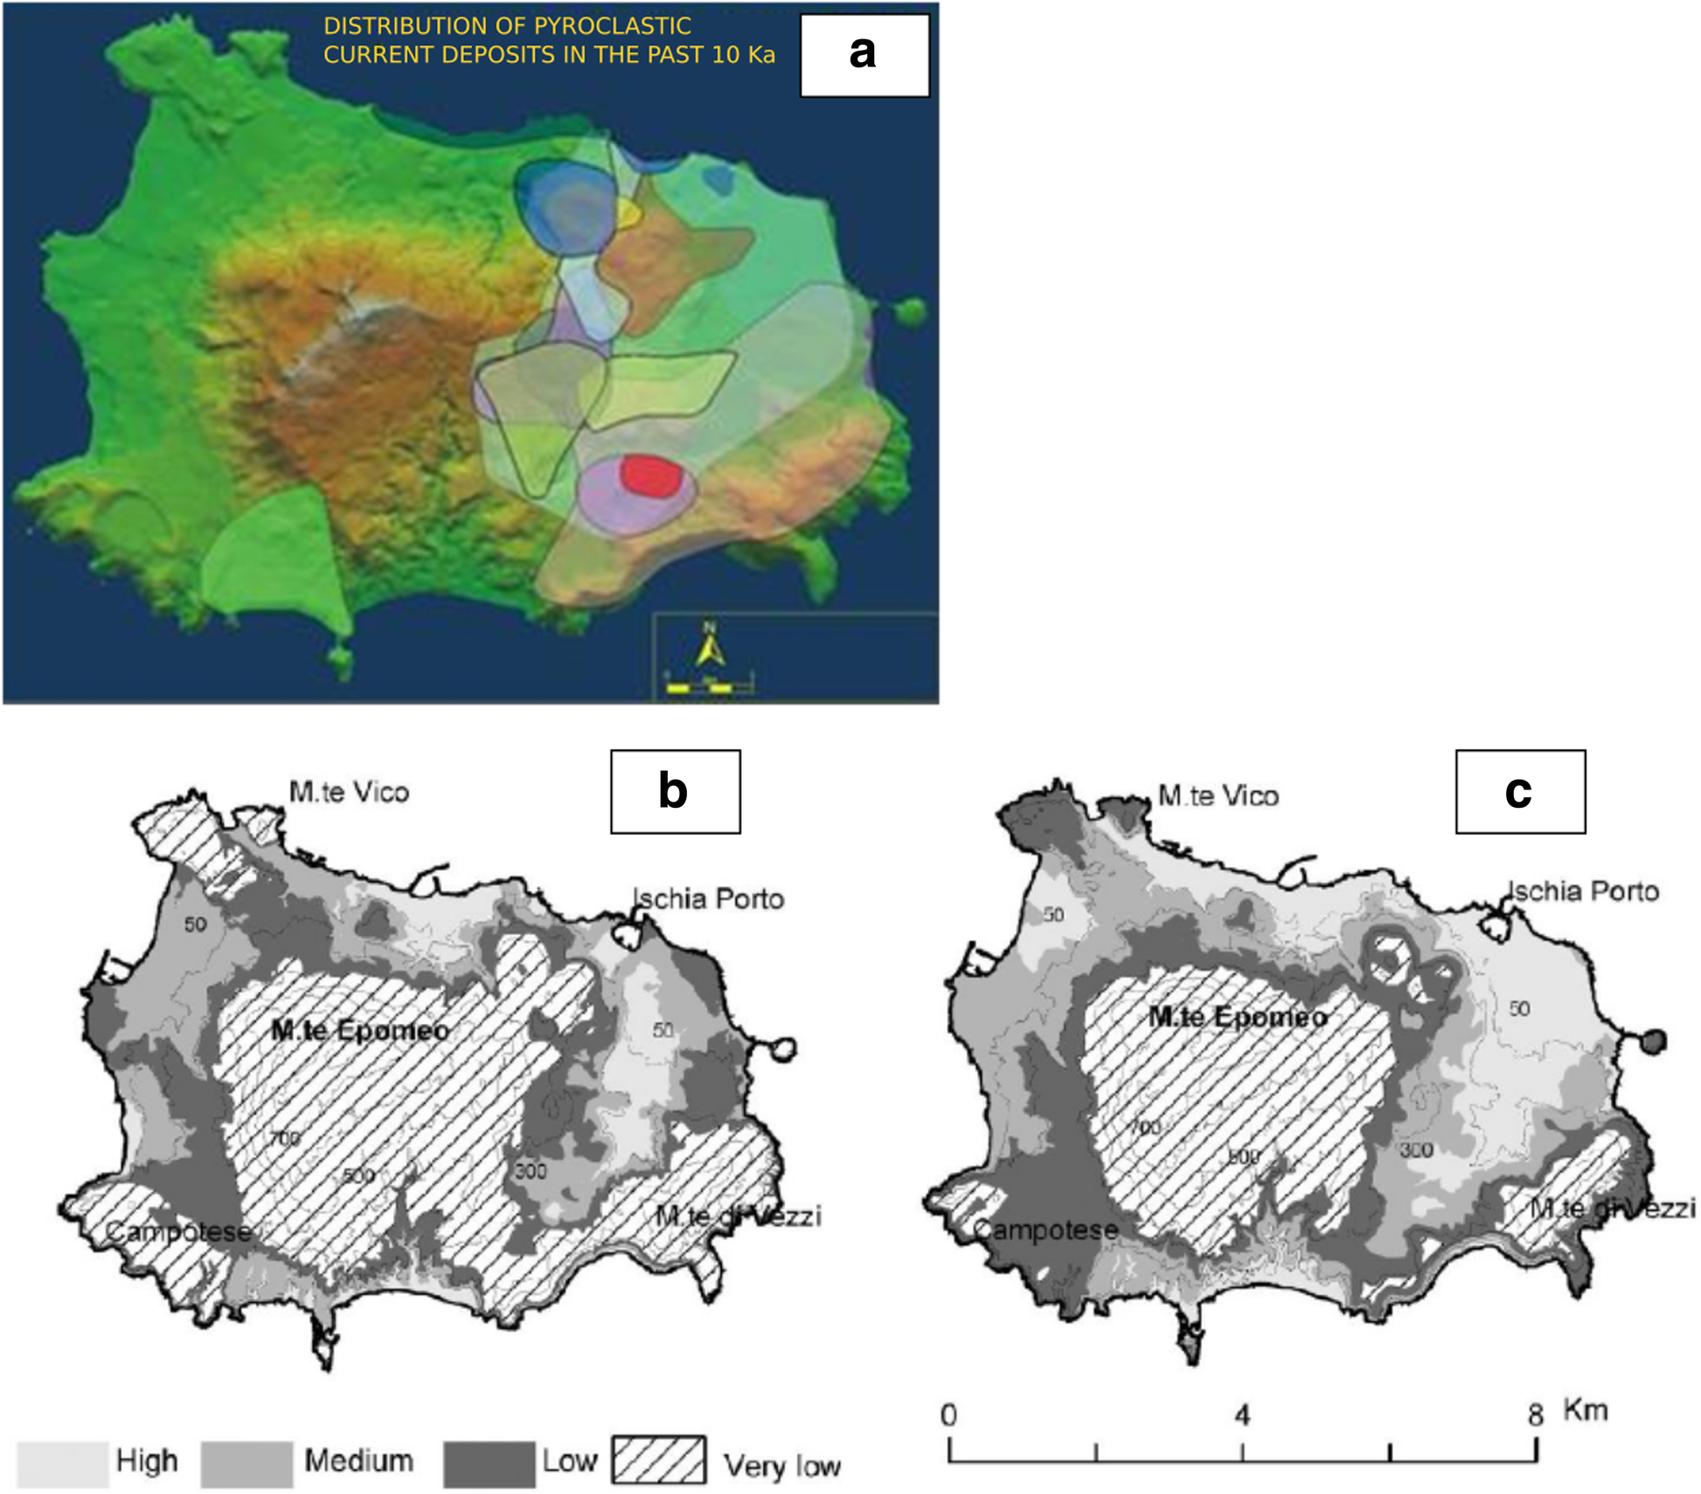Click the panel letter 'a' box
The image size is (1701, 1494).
click(864, 54)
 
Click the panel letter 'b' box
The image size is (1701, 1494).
click(675, 791)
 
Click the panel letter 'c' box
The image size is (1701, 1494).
click(1519, 791)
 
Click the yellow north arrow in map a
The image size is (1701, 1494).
click(710, 648)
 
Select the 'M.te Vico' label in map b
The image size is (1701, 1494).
click(349, 792)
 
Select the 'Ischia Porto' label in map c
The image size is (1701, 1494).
click(1584, 891)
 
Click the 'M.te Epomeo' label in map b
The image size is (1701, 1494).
click(360, 1030)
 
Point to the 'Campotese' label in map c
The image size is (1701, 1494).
click(1045, 1230)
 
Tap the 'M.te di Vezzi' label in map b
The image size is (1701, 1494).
click(739, 1215)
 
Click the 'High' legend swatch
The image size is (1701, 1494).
click(62, 1464)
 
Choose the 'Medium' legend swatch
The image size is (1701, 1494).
click(246, 1464)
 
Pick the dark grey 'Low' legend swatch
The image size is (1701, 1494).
click(489, 1464)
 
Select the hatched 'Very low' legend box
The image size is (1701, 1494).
click(659, 1460)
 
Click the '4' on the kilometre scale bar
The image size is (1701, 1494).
click(1242, 1414)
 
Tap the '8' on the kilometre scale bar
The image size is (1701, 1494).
click(1536, 1414)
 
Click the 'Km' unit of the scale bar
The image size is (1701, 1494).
click(1585, 1409)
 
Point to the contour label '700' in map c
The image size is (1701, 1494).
click(1145, 1128)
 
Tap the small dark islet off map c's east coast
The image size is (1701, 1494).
click(1652, 1040)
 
